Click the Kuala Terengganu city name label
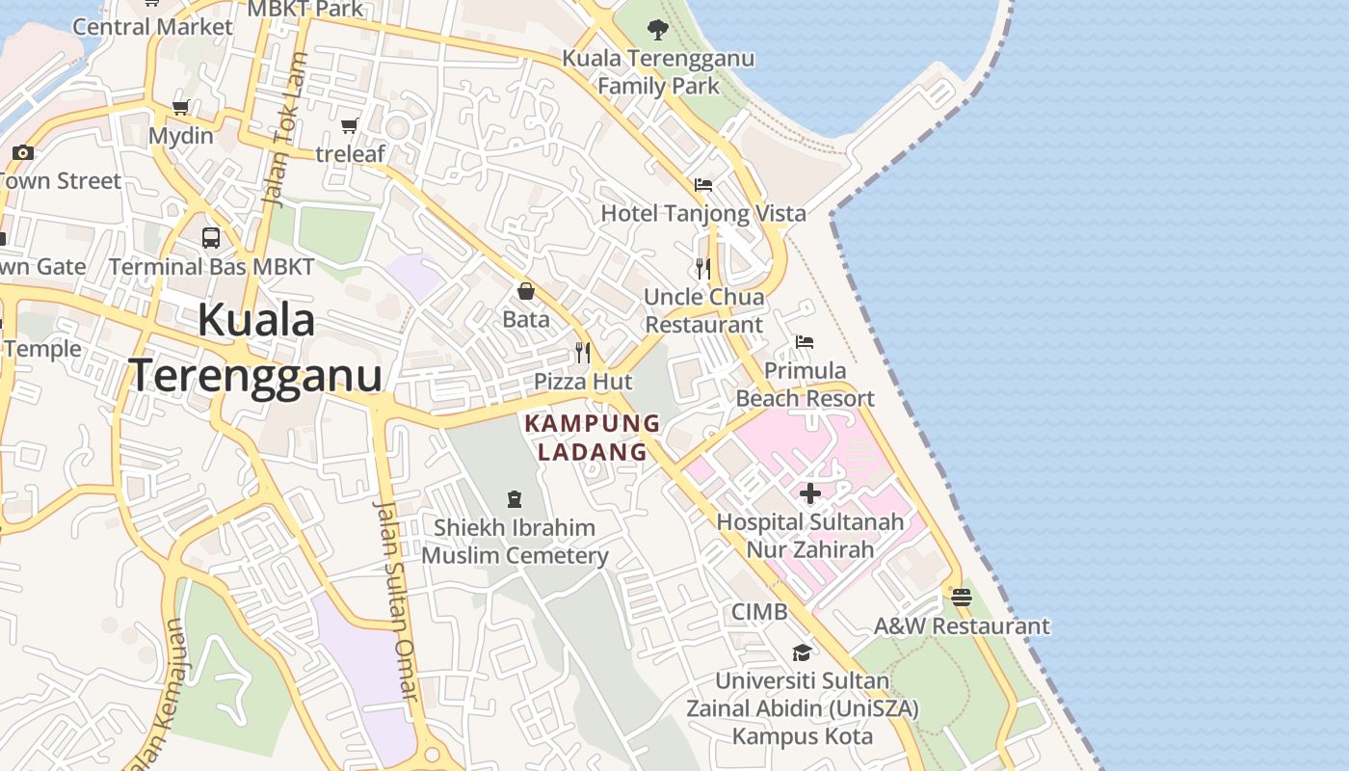[255, 348]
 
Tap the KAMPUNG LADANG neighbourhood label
[593, 438]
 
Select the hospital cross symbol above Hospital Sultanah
[810, 493]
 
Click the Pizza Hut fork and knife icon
[583, 353]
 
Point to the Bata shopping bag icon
[526, 291]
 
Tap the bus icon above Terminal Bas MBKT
[211, 237]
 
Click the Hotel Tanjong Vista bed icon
[703, 184]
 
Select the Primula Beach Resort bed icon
[805, 342]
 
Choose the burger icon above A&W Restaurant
[961, 598]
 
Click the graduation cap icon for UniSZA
[802, 653]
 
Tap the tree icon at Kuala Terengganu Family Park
[658, 30]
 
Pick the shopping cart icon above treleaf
[350, 125]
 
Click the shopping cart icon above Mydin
[180, 107]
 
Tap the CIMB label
[759, 612]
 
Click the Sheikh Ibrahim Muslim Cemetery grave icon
[515, 499]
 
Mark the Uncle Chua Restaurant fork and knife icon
[703, 268]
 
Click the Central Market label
[152, 26]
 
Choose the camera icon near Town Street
[23, 152]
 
